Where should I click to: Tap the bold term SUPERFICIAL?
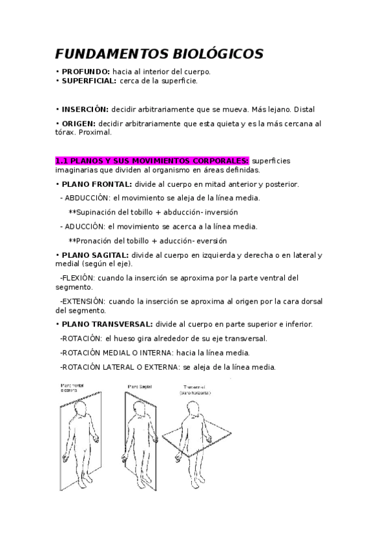tap(89, 81)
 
